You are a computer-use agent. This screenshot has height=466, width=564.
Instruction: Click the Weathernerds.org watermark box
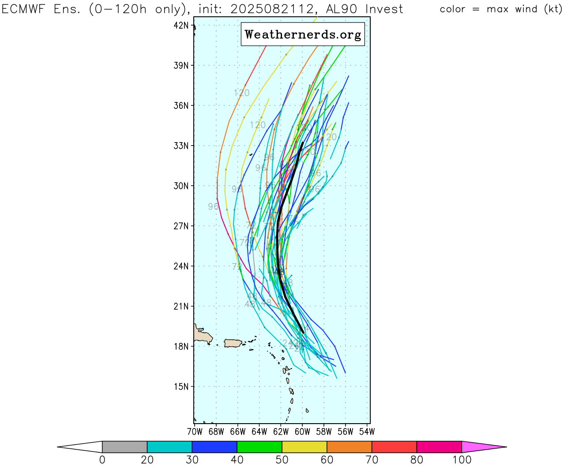tap(303, 34)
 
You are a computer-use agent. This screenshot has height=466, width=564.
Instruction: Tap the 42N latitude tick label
tap(181, 26)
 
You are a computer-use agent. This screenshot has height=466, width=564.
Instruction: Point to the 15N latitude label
tap(181, 387)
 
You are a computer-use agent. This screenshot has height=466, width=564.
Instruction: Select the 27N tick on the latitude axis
tap(181, 226)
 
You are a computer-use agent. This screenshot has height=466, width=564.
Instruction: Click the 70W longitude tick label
tap(195, 431)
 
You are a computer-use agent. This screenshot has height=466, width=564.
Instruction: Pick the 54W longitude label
tap(367, 431)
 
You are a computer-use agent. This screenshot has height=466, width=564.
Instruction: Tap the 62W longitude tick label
tap(281, 431)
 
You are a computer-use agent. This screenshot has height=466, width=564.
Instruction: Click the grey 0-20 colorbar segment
tap(124, 447)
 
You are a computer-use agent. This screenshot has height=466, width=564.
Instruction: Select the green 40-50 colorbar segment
tap(259, 447)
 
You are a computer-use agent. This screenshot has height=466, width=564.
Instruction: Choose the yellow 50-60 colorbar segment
tap(305, 447)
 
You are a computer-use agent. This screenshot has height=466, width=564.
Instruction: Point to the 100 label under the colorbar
tap(462, 460)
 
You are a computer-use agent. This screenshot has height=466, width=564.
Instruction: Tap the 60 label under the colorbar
tap(327, 460)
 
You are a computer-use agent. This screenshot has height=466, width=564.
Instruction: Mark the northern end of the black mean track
tap(302, 143)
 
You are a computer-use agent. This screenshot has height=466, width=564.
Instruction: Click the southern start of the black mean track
tap(303, 332)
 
